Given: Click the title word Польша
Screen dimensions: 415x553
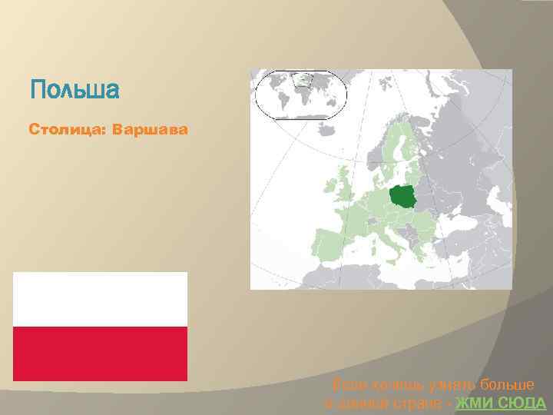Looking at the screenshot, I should [75, 91].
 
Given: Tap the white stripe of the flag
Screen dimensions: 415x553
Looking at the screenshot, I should [100, 299].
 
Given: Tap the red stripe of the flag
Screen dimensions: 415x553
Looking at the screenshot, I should [100, 353].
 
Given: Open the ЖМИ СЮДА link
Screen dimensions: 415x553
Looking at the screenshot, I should [501, 403].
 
